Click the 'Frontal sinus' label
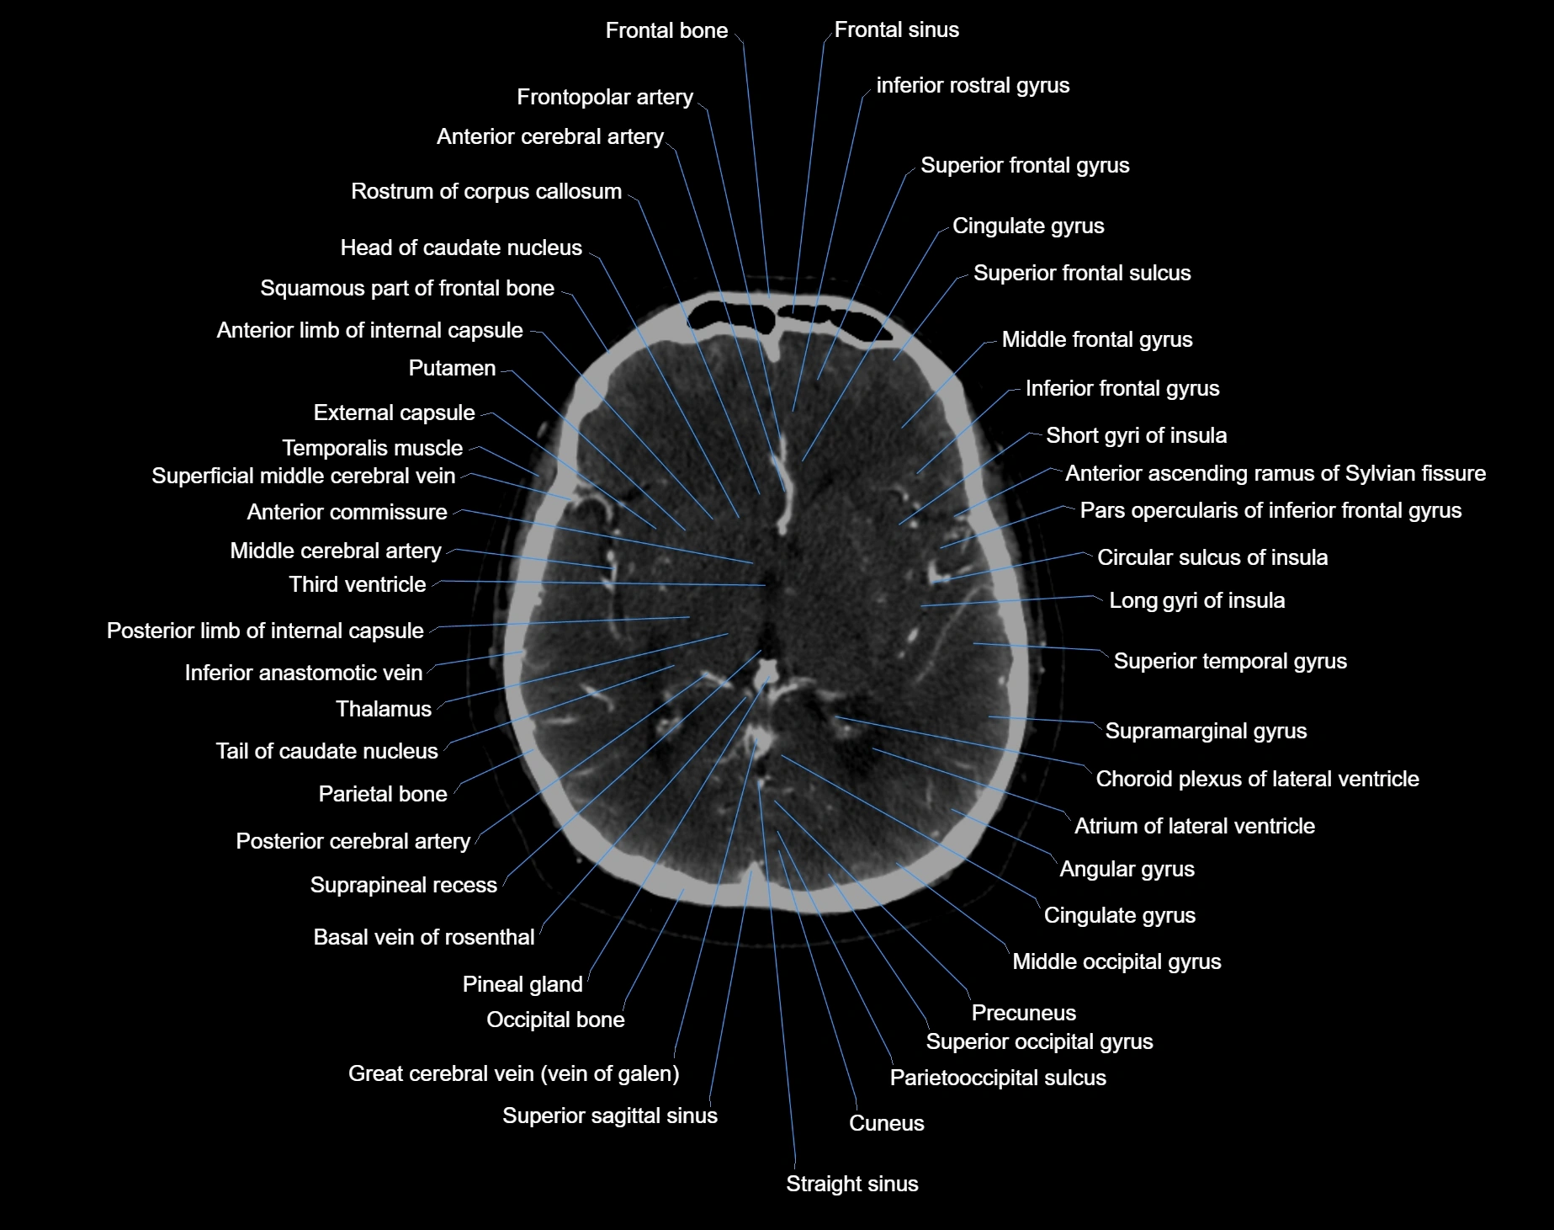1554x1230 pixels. pos(896,30)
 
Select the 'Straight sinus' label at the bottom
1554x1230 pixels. pos(851,1184)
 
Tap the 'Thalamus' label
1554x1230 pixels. pos(384,709)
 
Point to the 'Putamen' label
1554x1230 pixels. pos(452,368)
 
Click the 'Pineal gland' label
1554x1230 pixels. pos(522,984)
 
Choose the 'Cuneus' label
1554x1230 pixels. pos(886,1123)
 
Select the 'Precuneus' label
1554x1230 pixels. pos(1023,1013)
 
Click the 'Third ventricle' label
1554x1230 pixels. pos(358,584)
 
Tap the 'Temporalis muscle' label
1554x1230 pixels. pos(372,448)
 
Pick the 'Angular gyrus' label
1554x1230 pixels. pos(1127,869)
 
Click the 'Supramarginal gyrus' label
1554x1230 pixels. pos(1206,731)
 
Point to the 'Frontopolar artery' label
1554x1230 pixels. pos(605,97)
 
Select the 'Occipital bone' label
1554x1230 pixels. pos(555,1020)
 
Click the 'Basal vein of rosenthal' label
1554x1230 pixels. pos(423,937)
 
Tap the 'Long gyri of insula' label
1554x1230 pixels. pos(1196,600)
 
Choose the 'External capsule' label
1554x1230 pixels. pos(394,413)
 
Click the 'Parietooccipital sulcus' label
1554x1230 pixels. pos(998,1078)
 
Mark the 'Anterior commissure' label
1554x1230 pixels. pos(347,512)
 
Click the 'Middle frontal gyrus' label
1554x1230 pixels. pos(1097,339)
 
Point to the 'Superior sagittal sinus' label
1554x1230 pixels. pos(609,1116)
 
